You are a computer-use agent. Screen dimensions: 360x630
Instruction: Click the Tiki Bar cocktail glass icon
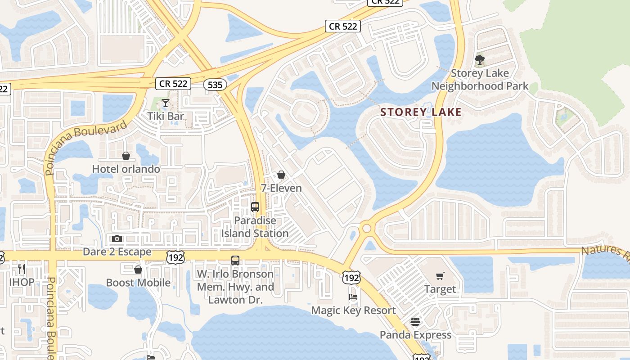click(166, 103)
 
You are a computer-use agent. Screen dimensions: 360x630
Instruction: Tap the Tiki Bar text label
click(166, 116)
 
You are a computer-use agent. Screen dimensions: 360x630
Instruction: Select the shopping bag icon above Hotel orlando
click(126, 156)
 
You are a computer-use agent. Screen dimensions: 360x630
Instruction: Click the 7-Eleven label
click(281, 188)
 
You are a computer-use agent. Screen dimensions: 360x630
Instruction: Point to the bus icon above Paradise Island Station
click(255, 207)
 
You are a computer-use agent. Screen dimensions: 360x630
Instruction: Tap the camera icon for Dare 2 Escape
click(117, 238)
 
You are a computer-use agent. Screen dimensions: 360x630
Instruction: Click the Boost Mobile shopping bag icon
click(138, 270)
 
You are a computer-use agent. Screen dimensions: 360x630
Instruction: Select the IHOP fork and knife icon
click(22, 269)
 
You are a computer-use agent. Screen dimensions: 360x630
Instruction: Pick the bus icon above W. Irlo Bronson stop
click(235, 260)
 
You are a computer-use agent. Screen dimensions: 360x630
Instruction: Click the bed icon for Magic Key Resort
click(354, 297)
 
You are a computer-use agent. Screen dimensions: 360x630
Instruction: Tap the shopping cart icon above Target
click(440, 276)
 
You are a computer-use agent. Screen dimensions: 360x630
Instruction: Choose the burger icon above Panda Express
click(415, 322)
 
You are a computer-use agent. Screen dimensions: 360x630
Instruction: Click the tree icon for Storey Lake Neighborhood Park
click(480, 59)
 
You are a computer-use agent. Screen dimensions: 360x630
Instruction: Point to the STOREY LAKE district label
click(421, 112)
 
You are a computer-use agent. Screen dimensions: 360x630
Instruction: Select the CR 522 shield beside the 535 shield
click(173, 83)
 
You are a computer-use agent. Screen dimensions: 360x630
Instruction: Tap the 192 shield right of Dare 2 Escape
click(174, 257)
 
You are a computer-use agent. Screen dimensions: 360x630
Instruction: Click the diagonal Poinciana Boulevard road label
click(86, 147)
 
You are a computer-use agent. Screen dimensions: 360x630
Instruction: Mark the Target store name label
click(440, 289)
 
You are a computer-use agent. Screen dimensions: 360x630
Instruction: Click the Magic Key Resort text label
click(354, 310)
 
